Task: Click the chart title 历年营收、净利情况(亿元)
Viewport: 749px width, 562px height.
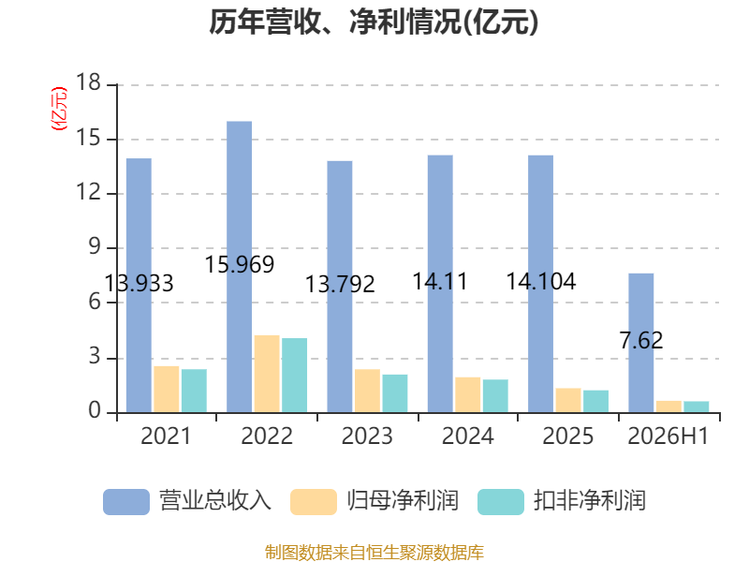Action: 374,22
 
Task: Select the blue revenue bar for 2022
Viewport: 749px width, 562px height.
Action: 240,267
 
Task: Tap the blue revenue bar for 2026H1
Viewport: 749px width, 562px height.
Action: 641,343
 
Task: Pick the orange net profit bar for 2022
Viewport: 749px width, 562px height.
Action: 267,374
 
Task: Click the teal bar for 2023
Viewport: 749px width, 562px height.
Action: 395,393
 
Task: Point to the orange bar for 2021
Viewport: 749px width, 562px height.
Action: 167,389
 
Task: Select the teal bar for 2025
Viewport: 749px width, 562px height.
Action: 595,402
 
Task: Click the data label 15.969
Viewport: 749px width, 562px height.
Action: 240,264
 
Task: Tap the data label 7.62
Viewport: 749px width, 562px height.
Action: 641,340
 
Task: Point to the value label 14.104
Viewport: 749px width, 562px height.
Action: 541,281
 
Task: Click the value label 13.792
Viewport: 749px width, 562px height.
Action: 340,285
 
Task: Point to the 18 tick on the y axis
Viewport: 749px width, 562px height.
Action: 88,82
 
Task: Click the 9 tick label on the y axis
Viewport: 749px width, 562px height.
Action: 95,246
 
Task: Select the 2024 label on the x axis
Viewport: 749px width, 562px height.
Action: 467,436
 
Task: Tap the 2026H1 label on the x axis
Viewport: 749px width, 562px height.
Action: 668,436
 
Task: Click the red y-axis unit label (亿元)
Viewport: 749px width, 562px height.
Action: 60,109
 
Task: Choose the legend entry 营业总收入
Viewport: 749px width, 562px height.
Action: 187,501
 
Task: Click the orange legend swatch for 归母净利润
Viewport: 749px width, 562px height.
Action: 314,502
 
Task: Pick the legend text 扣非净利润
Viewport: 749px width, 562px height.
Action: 590,501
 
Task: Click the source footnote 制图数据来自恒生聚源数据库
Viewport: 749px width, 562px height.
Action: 374,553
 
